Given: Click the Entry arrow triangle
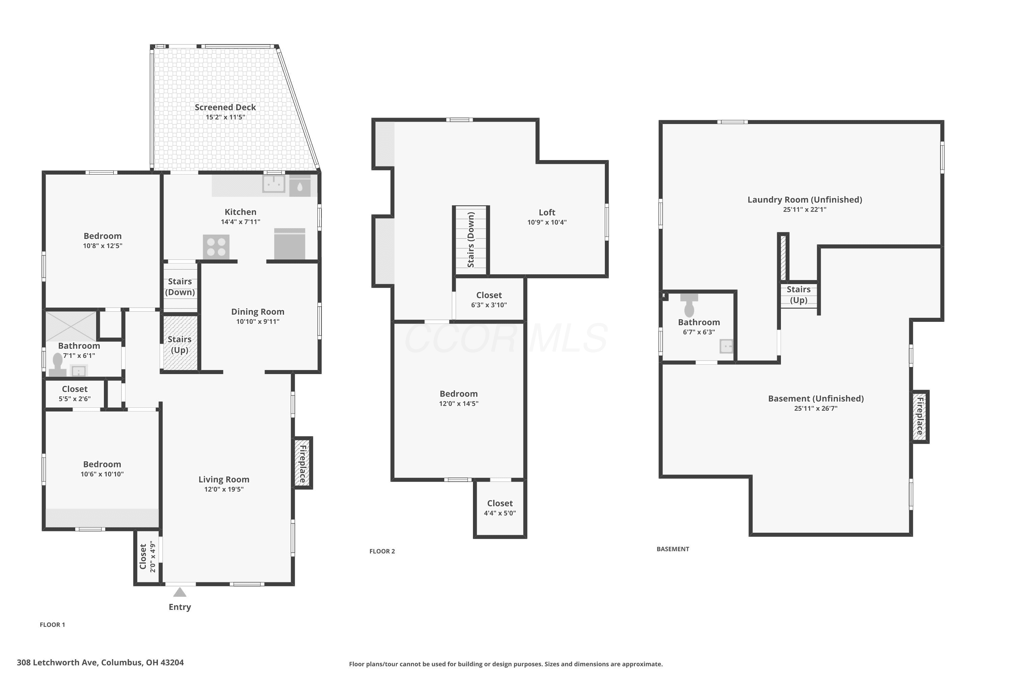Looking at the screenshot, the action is coord(180,592).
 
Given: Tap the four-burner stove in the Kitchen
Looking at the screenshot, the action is coord(216,247).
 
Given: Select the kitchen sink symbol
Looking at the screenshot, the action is coord(274,184).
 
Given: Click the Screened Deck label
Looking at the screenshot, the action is coord(225,108).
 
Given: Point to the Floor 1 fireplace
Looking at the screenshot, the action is coord(303,463).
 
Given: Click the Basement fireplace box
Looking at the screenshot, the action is coord(920,417).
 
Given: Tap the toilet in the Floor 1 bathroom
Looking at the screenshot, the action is coord(58,365).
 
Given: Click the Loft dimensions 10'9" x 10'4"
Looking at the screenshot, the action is coord(547,222).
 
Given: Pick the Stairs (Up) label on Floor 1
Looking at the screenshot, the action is coord(179,345).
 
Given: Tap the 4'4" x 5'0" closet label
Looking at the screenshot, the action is coord(500,513).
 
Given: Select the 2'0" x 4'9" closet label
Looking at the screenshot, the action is coord(152,557).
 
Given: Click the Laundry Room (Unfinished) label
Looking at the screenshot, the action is coord(805,200).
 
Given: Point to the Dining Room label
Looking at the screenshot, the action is coord(258,312).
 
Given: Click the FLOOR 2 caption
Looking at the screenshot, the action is coord(382,551).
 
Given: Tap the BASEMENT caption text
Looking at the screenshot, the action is coord(673,549).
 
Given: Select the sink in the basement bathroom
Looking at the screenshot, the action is coord(726,346).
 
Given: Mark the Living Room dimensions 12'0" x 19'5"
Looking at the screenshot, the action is coord(224,489).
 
